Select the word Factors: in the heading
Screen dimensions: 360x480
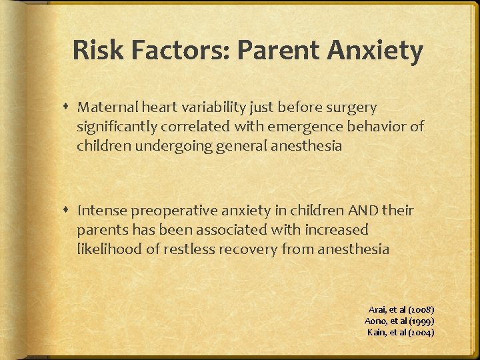point(176,51)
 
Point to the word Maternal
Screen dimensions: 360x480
point(109,107)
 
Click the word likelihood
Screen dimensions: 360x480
point(109,250)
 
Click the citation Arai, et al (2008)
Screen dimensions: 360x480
point(402,309)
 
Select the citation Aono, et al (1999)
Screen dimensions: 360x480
point(400,321)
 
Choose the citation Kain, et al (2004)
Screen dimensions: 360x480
point(401,332)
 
